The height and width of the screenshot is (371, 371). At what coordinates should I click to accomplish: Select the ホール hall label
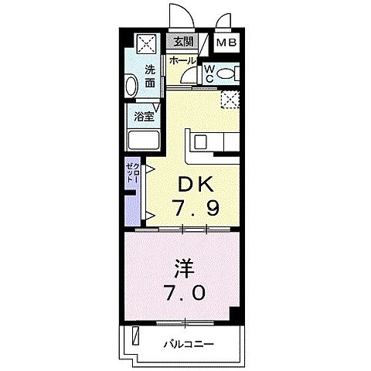tap(182, 60)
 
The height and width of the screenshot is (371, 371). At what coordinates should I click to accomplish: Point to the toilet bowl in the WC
tap(226, 74)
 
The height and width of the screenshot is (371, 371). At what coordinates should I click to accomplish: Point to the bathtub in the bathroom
tap(142, 141)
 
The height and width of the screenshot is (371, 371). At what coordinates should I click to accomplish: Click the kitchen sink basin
tap(199, 141)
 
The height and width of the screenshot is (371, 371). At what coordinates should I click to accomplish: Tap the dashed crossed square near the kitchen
tap(229, 99)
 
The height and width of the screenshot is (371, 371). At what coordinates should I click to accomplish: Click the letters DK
tap(189, 185)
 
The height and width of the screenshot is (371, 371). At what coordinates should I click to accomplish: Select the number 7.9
tap(189, 208)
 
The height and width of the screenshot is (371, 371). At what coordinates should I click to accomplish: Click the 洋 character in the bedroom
tap(183, 271)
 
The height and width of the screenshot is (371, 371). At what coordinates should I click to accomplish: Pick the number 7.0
tap(183, 294)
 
